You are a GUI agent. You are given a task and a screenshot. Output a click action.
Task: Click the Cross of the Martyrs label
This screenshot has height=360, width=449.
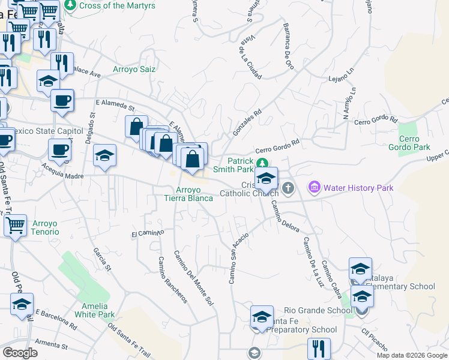coord(117,5)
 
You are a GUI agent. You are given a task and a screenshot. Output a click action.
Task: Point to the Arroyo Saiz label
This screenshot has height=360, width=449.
coord(134,69)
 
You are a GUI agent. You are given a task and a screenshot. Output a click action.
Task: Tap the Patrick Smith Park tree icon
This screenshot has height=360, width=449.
coord(262,163)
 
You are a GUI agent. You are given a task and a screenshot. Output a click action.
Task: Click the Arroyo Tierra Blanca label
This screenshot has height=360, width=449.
coord(189,194)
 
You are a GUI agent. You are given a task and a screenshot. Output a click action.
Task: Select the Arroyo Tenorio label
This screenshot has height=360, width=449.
coord(42,227)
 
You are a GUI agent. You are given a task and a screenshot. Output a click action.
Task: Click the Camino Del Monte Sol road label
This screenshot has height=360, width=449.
coord(193,275)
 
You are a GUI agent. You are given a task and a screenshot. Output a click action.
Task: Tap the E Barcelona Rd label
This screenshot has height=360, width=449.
coord(56,320)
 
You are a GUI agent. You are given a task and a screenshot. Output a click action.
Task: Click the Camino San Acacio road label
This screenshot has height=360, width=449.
coord(238,258)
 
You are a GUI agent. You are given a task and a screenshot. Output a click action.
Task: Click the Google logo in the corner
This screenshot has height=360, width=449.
coord(20,353)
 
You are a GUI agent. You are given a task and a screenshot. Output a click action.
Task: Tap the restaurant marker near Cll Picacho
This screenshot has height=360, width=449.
coord(319,349)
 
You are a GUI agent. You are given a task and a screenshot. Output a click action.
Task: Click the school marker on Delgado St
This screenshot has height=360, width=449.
coord(104,156)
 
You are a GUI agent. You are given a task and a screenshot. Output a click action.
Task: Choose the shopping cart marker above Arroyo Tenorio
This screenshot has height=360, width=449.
coord(15,226)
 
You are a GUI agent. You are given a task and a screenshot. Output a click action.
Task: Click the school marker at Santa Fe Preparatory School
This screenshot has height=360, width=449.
coord(262,317)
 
